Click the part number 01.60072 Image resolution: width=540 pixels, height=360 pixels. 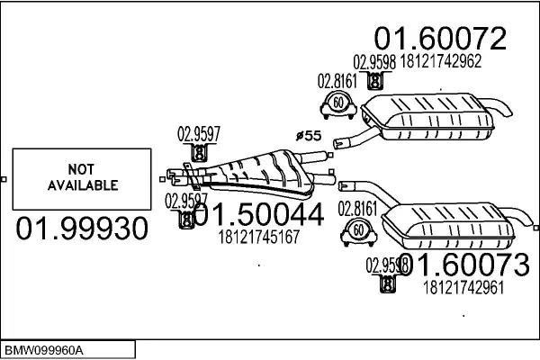pyautogui.click(x=440, y=38)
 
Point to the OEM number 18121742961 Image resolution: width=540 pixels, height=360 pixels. pyautogui.click(x=462, y=288)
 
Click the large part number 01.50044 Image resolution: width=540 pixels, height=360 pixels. pyautogui.click(x=257, y=217)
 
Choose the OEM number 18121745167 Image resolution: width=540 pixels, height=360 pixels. pyautogui.click(x=258, y=238)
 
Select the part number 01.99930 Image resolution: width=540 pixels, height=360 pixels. pyautogui.click(x=81, y=229)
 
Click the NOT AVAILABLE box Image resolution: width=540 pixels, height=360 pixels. pyautogui.click(x=80, y=178)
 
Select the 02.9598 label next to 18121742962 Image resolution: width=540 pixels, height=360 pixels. pyautogui.click(x=373, y=62)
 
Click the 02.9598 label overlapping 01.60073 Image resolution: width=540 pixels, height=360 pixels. pyautogui.click(x=387, y=265)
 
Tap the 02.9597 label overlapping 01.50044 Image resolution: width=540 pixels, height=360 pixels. pyautogui.click(x=185, y=200)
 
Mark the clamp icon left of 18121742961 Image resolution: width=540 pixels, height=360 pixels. pyautogui.click(x=387, y=284)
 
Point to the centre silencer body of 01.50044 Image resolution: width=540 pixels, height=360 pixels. pyautogui.click(x=256, y=173)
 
